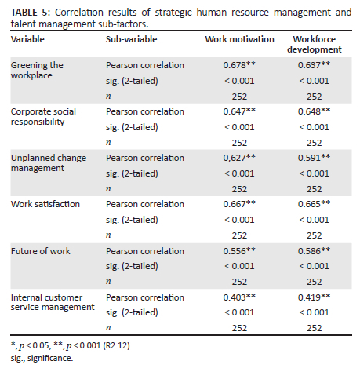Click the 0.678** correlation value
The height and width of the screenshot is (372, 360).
click(239, 65)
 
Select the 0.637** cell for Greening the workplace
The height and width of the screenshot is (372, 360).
click(314, 65)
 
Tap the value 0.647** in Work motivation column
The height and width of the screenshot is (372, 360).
click(239, 111)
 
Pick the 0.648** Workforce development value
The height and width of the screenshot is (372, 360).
click(314, 111)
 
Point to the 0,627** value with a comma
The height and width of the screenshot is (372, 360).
click(239, 158)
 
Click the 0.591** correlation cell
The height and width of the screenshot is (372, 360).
click(314, 158)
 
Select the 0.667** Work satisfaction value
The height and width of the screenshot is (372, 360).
click(239, 204)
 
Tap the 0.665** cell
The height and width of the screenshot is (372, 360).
click(314, 204)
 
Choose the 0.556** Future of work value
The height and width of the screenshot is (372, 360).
click(239, 251)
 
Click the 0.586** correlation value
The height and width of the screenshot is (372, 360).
click(314, 251)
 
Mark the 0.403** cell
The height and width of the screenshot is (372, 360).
click(239, 297)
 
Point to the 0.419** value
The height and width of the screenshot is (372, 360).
click(314, 297)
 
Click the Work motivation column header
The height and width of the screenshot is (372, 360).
click(239, 39)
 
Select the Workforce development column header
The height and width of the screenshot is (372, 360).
click(315, 44)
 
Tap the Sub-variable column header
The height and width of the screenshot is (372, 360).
click(132, 39)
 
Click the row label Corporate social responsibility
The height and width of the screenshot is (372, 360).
click(43, 117)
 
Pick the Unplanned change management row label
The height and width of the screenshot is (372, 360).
click(49, 163)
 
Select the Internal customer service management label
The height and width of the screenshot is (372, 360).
click(53, 302)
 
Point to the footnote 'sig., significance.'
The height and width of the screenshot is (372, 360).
click(42, 358)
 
